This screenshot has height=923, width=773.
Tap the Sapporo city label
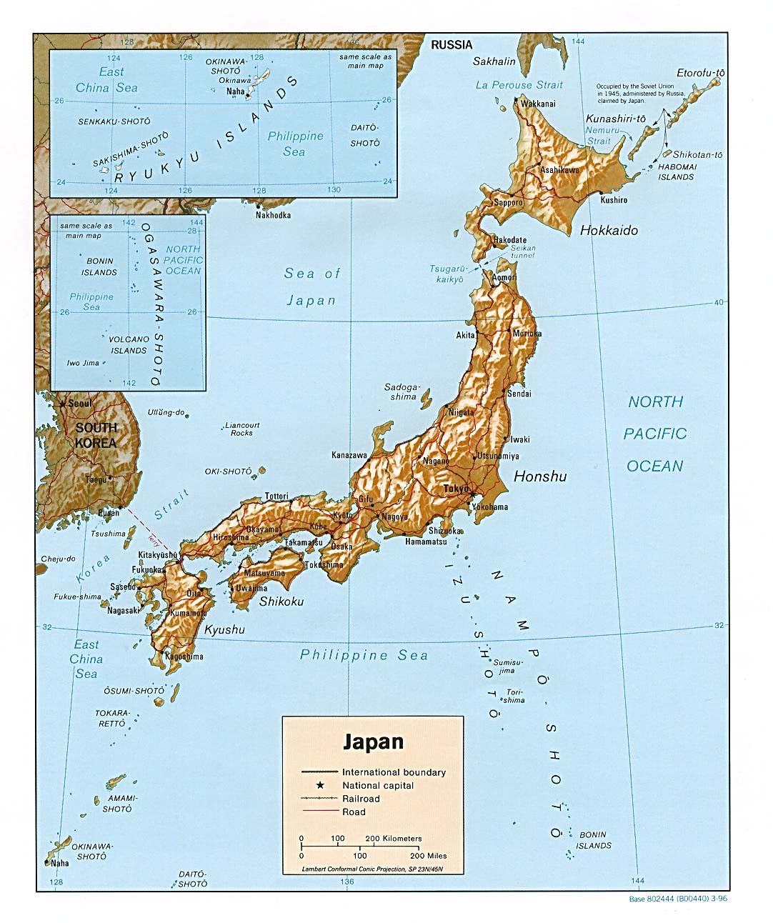click(508, 202)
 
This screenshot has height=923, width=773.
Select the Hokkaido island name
click(609, 230)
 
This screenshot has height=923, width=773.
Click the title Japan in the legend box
click(373, 742)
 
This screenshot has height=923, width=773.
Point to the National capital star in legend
click(321, 785)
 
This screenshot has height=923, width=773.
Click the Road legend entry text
click(354, 812)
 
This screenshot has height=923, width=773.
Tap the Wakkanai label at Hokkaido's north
click(537, 104)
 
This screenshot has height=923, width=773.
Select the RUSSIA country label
click(452, 44)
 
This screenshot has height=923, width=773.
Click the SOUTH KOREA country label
click(96, 435)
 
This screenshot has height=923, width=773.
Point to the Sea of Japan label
click(311, 286)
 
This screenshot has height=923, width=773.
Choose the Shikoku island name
click(281, 602)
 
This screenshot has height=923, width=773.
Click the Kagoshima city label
click(184, 656)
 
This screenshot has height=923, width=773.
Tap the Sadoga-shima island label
click(402, 391)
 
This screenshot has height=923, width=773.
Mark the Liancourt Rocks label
click(242, 429)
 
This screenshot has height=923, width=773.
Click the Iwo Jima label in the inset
click(83, 363)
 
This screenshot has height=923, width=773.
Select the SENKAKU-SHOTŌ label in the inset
click(114, 121)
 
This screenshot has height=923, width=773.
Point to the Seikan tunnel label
click(523, 251)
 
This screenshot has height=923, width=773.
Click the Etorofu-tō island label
click(701, 73)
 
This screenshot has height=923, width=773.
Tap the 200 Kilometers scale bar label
click(394, 838)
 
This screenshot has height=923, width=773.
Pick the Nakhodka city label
click(273, 215)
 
